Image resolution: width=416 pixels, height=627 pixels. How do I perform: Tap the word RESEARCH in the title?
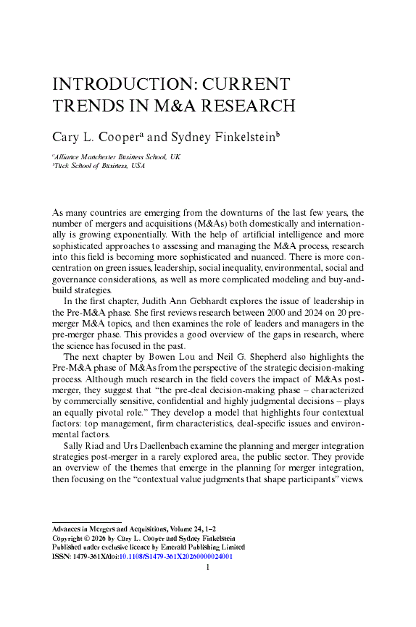[246, 106]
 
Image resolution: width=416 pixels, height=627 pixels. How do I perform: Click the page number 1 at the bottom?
[208, 568]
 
